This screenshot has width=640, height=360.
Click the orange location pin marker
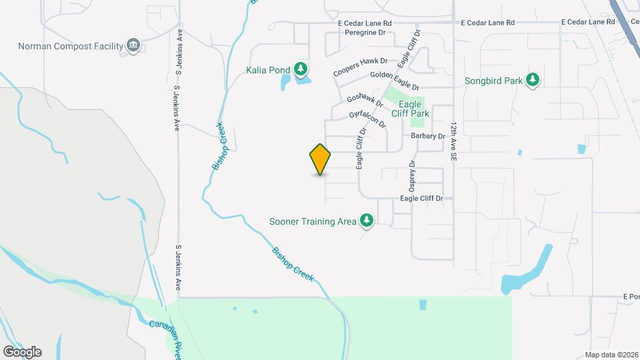point(320,159)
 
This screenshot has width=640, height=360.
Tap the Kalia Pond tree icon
point(301,69)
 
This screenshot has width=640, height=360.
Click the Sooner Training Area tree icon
point(365,221)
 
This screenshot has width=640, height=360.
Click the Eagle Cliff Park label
point(410,109)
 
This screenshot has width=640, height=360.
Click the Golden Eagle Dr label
point(395,81)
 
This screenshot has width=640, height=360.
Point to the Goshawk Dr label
point(365,101)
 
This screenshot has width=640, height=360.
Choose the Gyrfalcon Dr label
point(367,119)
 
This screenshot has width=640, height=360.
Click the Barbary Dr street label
point(427,136)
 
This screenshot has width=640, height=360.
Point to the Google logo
point(21,351)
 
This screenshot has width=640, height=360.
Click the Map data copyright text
point(611,355)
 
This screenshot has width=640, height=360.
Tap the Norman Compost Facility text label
point(71,46)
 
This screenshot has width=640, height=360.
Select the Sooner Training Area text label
point(312,221)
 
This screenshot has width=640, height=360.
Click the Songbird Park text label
point(493,81)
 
